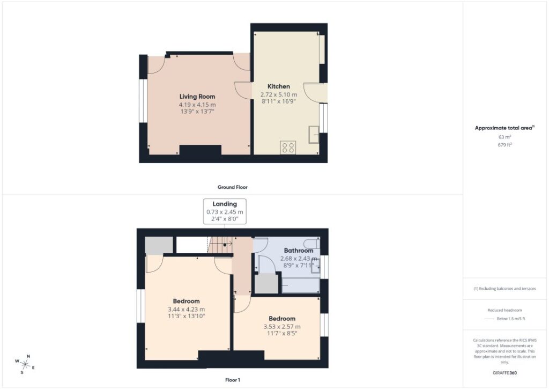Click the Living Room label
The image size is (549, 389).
pos(197,97)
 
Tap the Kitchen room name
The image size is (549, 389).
pos(279,86)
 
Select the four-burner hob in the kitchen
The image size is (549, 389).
pos(288,148)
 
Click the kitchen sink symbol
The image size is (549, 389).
pos(314,135)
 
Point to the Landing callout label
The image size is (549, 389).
pos(225,204)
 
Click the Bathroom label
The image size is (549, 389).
pos(298,250)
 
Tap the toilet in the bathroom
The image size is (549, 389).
pos(311,243)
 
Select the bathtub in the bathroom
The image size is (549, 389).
pos(300,285)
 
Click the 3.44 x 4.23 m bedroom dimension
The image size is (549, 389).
pos(186,310)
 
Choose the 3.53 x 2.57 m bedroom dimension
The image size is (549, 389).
pos(282,327)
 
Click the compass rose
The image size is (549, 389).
pos(25,364)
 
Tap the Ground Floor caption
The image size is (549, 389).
pos(233,187)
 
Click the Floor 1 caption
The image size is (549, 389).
pos(233,380)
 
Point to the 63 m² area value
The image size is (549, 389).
pos(505,137)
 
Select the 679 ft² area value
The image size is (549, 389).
pos(505,145)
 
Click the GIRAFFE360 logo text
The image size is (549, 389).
pos(505,373)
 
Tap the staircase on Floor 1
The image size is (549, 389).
pos(220,245)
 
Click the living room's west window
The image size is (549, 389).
pos(143,100)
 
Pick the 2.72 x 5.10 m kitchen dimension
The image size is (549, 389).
pos(279,94)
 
